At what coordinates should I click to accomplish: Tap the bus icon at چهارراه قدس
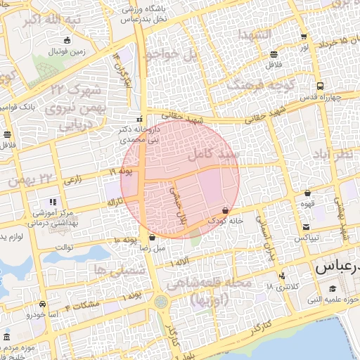(320, 86)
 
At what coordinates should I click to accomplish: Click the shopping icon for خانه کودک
(225, 210)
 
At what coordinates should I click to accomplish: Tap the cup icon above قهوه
(307, 193)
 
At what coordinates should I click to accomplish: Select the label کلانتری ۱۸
(280, 287)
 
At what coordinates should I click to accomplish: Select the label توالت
(64, 247)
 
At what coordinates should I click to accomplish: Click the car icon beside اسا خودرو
(44, 304)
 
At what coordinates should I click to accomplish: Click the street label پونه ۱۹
(122, 172)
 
